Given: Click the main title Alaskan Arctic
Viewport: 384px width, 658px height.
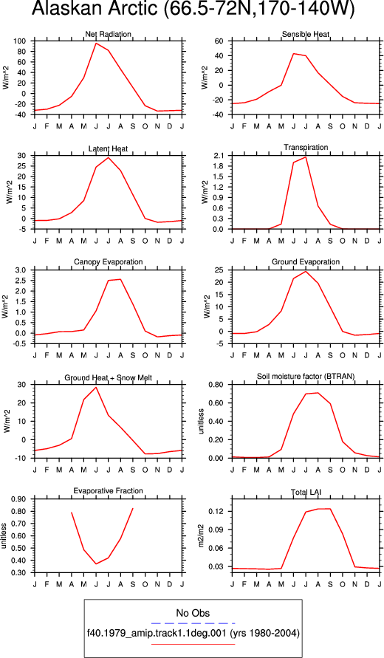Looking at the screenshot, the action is coord(95,10).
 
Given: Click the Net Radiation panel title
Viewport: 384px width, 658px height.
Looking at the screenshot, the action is coord(108,34).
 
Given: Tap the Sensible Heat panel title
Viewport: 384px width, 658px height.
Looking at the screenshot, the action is coord(306,34).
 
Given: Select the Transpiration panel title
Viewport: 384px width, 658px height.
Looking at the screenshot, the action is coord(306,147).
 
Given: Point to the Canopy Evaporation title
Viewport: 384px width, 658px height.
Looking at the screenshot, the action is coord(109,262).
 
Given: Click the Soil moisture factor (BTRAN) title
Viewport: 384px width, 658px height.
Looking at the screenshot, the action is coord(306,377).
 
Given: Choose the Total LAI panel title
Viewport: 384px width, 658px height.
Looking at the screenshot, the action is coord(306,491).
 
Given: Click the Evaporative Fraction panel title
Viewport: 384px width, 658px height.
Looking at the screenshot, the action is coord(109,491).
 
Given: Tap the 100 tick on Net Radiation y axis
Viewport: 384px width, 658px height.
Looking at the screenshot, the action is coord(21,41).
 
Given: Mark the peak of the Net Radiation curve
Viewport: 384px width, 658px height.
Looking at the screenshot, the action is coord(96,44).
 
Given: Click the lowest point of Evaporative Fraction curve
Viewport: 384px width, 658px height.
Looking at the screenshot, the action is coord(96,563).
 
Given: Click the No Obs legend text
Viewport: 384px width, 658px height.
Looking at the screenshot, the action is coord(193,613).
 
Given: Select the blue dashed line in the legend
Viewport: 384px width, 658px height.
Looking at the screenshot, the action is coord(193,623).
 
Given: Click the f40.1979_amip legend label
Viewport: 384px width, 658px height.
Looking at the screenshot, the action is coord(193,633).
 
